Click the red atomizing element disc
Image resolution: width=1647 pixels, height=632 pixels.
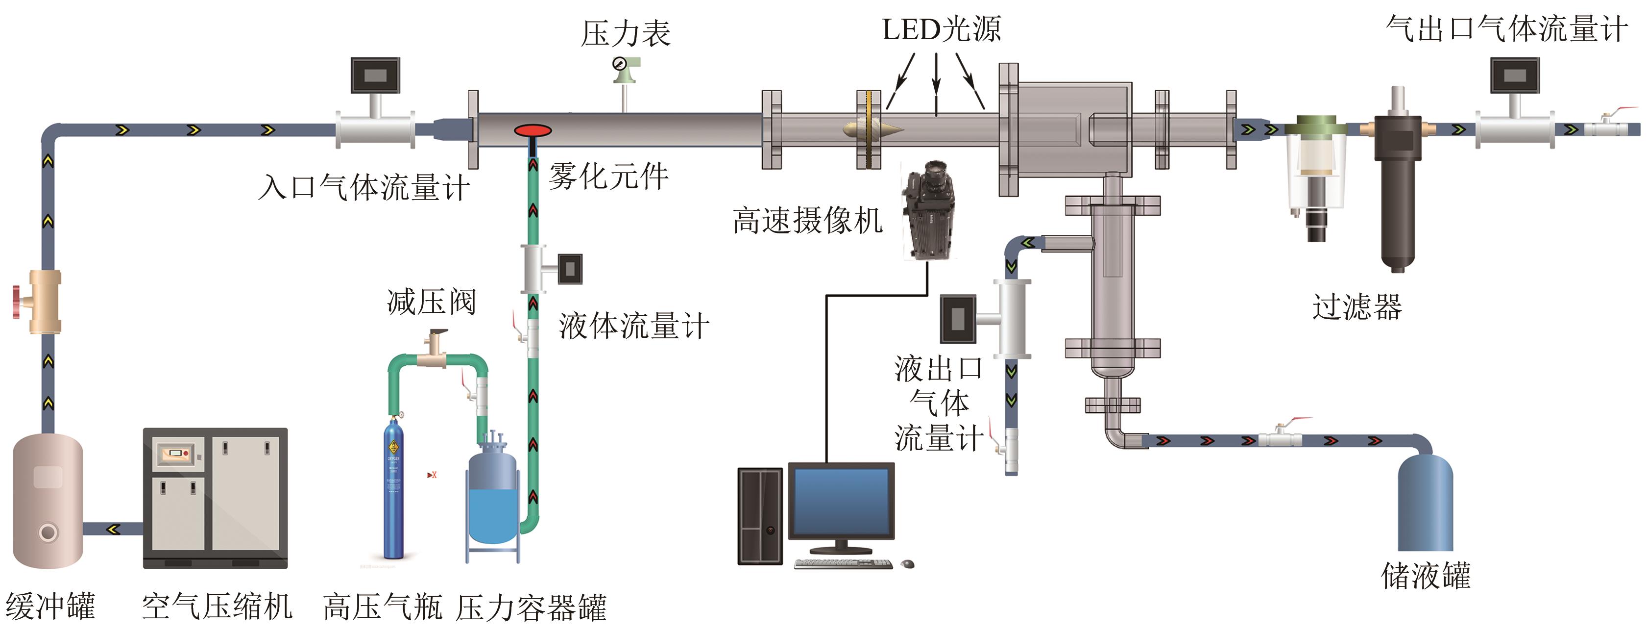533,131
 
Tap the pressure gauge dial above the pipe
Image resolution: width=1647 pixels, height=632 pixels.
619,64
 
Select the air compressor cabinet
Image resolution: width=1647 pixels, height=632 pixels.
215,498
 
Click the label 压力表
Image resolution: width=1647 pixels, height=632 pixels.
625,33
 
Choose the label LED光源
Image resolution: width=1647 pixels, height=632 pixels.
941,29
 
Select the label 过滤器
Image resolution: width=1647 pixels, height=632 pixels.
1356,307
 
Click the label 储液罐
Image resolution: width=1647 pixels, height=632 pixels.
1425,576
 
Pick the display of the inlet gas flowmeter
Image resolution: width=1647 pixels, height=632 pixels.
375,76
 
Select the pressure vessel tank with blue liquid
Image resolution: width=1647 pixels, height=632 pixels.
492,499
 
